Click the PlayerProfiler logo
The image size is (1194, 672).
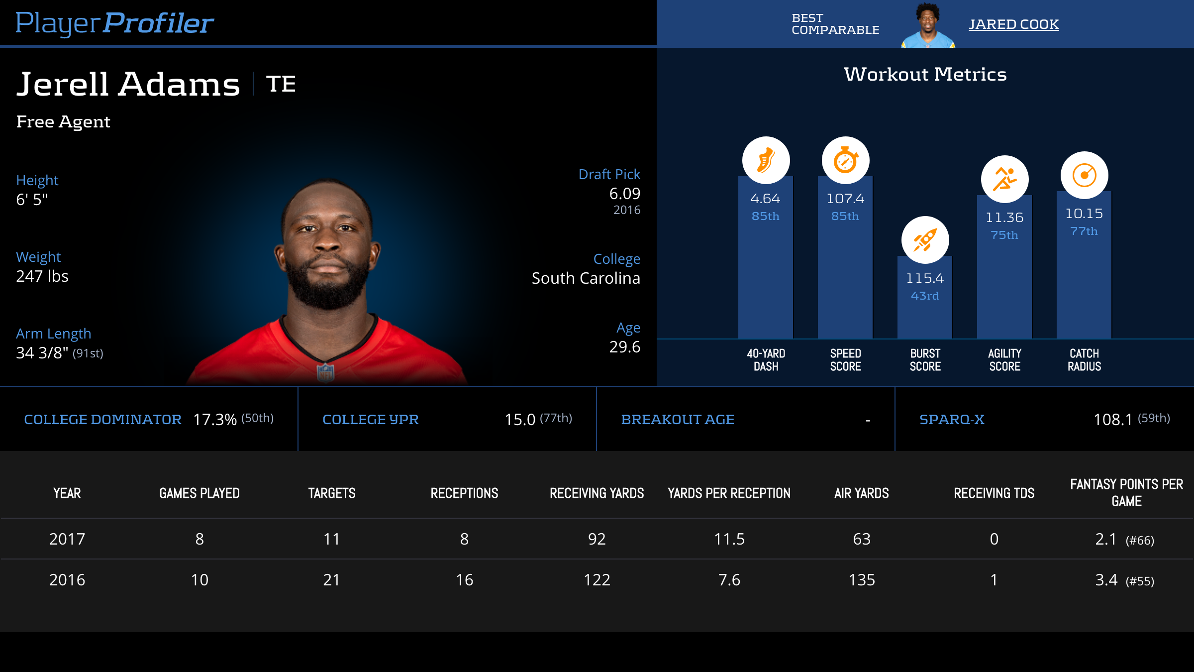pyautogui.click(x=114, y=23)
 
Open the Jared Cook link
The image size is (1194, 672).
pyautogui.click(x=1013, y=24)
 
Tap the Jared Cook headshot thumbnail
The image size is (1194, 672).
pyautogui.click(x=928, y=25)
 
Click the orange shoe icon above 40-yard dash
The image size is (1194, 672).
pyautogui.click(x=766, y=160)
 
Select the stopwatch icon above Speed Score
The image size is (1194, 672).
pyautogui.click(x=845, y=160)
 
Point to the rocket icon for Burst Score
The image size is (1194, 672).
pyautogui.click(x=925, y=240)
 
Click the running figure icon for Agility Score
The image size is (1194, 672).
pyautogui.click(x=1004, y=179)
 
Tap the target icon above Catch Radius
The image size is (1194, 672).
pyautogui.click(x=1084, y=175)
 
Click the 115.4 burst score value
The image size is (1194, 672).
pyautogui.click(x=925, y=278)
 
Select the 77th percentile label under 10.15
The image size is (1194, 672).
pyautogui.click(x=1084, y=231)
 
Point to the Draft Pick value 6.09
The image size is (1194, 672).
pyautogui.click(x=624, y=194)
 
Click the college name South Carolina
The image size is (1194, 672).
pyautogui.click(x=586, y=278)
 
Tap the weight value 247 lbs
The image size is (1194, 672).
pyautogui.click(x=42, y=276)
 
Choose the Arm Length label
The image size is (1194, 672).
pyautogui.click(x=53, y=334)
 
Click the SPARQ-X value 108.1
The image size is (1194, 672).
pyautogui.click(x=1112, y=420)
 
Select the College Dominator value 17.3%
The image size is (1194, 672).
pyautogui.click(x=214, y=420)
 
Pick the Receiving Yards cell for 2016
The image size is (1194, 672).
pyautogui.click(x=597, y=580)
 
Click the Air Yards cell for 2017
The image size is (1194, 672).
pyautogui.click(x=862, y=539)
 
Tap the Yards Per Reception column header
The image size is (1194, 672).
pyautogui.click(x=729, y=493)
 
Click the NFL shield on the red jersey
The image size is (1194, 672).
pyautogui.click(x=326, y=372)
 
